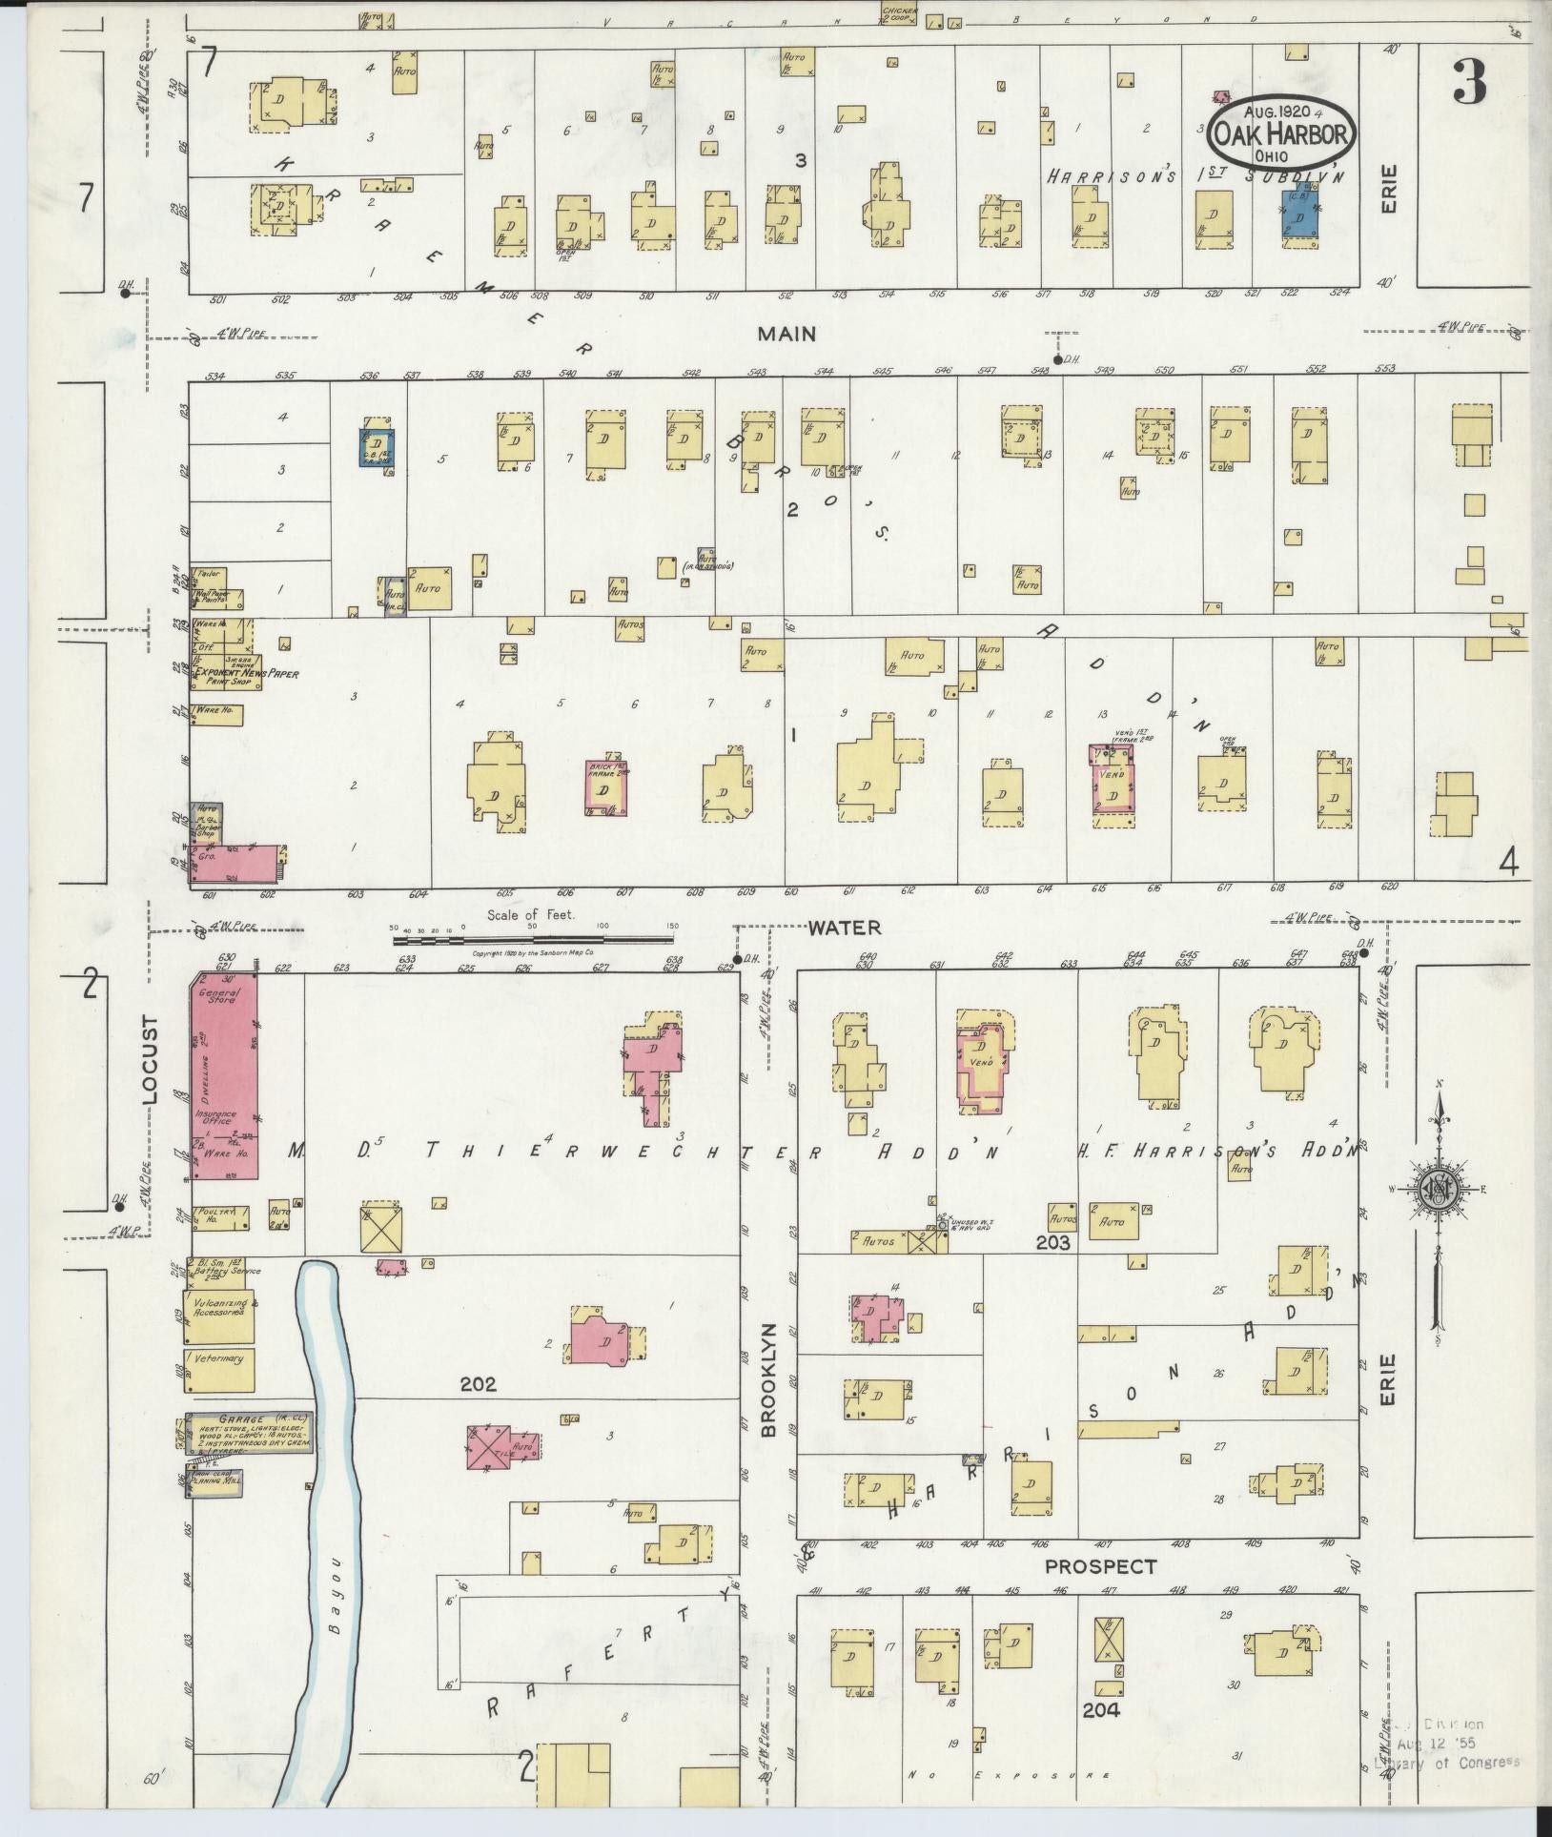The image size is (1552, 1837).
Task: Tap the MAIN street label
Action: (x=786, y=334)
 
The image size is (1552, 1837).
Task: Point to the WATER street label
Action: (x=845, y=927)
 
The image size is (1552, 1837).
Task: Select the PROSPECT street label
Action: (x=1100, y=1566)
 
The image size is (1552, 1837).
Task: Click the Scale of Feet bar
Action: (x=534, y=940)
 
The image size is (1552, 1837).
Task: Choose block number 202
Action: (x=478, y=1384)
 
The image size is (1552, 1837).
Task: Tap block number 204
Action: (x=1100, y=1710)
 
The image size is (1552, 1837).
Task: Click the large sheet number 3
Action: (x=1469, y=86)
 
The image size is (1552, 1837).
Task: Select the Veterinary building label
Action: (x=219, y=1358)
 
